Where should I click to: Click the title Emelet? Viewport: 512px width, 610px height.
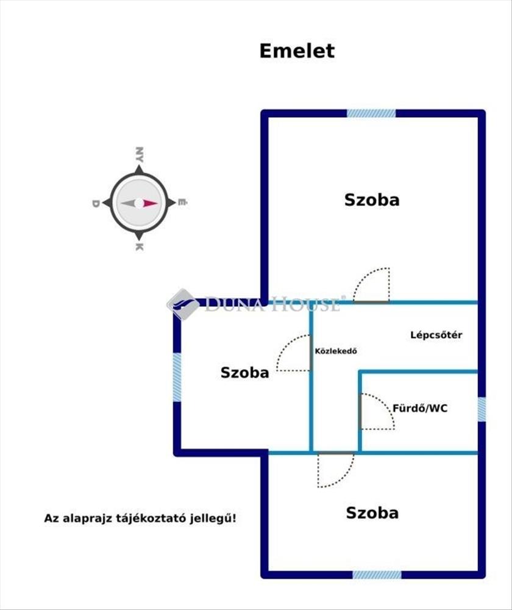pos(297,51)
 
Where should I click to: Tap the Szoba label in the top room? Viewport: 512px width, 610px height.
pos(372,199)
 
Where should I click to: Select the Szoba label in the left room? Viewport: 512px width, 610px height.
pos(244,373)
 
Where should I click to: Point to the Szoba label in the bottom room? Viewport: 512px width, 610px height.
pos(372,513)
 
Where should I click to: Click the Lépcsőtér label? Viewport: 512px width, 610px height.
pos(436,335)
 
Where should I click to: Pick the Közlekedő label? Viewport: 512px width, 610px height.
pos(335,351)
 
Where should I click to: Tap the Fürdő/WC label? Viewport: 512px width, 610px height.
pos(420,408)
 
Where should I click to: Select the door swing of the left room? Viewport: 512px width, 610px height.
pos(294,354)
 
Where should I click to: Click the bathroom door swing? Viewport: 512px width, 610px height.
pos(377,412)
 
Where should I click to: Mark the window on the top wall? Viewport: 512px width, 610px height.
pos(371,113)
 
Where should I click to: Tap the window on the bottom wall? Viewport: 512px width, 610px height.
pos(377,575)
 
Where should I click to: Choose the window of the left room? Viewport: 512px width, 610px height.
pos(177,377)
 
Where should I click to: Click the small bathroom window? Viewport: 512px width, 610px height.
pos(482,409)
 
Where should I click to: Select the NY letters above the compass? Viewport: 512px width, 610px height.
pos(140,153)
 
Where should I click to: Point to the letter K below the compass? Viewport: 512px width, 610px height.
pos(139,247)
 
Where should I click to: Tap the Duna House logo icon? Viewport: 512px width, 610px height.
pos(182,304)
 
